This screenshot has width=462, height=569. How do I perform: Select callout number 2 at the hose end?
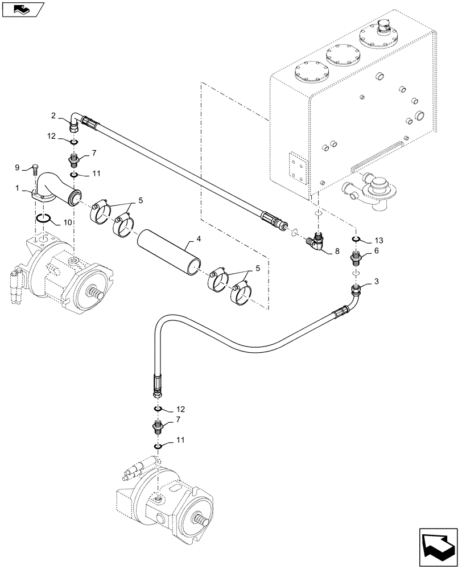click(53, 116)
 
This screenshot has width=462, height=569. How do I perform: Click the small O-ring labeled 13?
click(356, 239)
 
